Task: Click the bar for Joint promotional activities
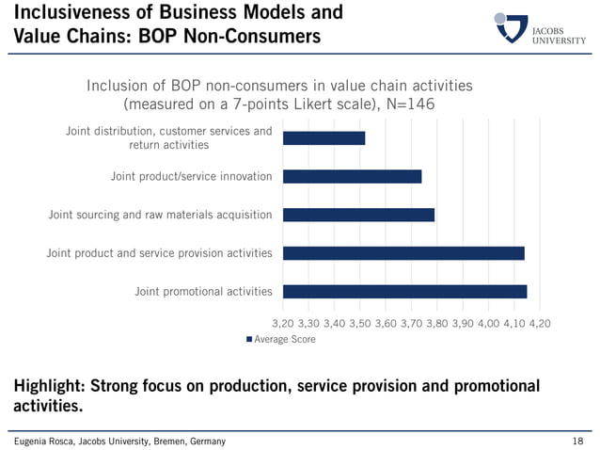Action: [x=404, y=292]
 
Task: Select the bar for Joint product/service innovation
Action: [x=352, y=176]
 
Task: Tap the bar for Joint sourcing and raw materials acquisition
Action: [x=358, y=215]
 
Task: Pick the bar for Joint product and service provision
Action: [x=403, y=253]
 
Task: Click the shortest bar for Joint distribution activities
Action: [x=324, y=138]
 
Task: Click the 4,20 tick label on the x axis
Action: [x=539, y=323]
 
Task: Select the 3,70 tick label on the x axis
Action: [x=411, y=323]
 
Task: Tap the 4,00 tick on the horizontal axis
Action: [x=488, y=323]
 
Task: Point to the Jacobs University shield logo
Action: [x=511, y=28]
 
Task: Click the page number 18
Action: [x=577, y=441]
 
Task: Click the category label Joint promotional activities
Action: [x=203, y=292]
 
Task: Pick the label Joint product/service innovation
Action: [x=191, y=176]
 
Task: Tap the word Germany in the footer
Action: [x=207, y=441]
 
